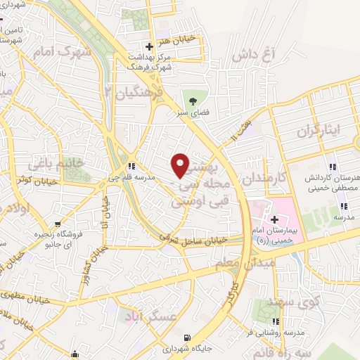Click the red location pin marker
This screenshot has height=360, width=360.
click(x=181, y=165)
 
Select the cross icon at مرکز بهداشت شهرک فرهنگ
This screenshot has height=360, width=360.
click(x=148, y=47)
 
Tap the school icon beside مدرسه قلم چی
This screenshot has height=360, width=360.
click(x=131, y=166)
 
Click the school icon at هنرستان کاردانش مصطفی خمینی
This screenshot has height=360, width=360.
click(x=333, y=168)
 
